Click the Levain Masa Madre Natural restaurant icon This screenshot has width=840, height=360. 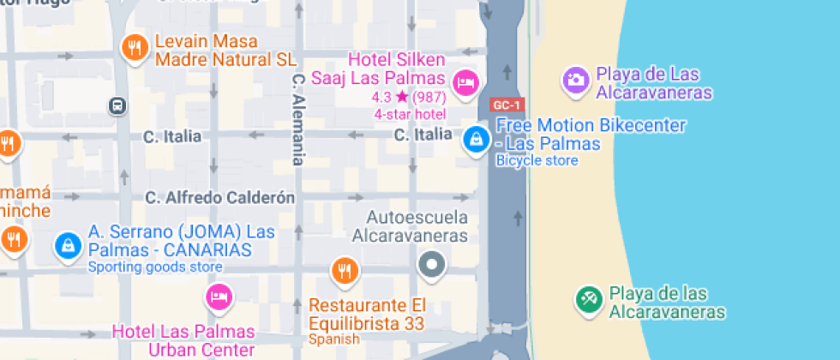(x=134, y=49)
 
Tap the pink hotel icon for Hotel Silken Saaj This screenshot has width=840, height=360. (x=465, y=82)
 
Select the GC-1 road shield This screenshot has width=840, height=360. (x=507, y=105)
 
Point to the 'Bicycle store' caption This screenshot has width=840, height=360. (x=537, y=160)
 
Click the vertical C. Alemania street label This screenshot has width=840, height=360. (x=298, y=118)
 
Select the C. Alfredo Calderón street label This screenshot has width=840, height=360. (x=219, y=198)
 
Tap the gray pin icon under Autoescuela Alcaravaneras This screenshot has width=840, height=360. (x=432, y=265)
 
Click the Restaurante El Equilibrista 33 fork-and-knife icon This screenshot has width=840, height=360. (x=345, y=271)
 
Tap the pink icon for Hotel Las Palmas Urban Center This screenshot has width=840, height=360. (x=219, y=297)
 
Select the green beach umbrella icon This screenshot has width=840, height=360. (x=588, y=299)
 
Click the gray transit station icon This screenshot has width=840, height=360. (x=117, y=105)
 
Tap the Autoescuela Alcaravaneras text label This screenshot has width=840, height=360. (x=418, y=226)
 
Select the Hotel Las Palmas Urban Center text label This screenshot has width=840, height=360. (x=183, y=340)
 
